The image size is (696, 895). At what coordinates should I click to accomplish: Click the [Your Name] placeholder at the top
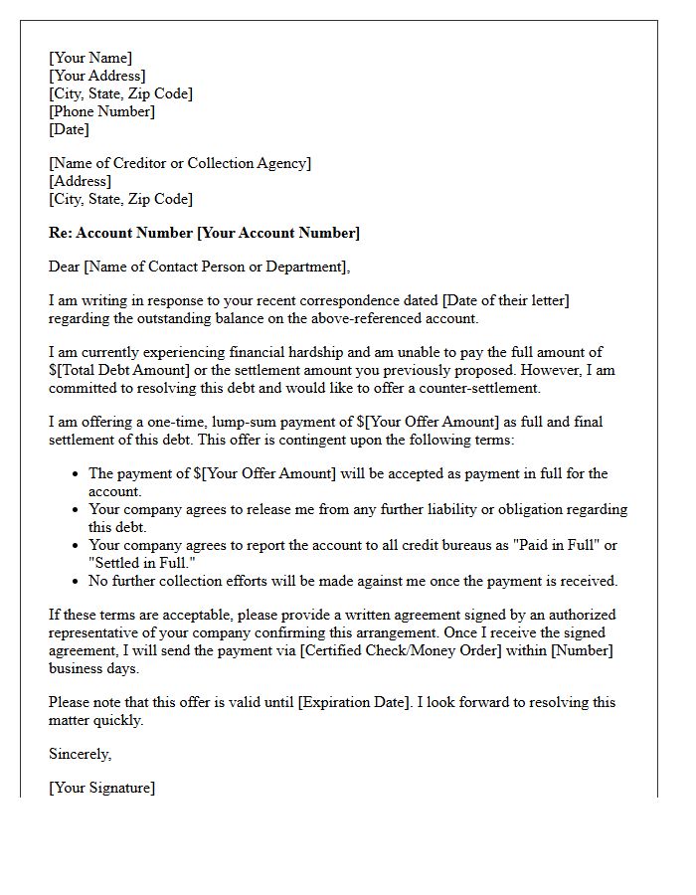click(90, 58)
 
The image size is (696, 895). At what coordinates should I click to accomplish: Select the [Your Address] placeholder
click(97, 76)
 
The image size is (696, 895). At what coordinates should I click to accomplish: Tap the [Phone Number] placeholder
click(101, 111)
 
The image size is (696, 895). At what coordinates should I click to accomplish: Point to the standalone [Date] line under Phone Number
click(69, 129)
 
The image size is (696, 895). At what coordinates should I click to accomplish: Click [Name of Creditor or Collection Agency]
click(180, 163)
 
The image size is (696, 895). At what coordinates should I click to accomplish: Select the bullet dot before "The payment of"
click(76, 474)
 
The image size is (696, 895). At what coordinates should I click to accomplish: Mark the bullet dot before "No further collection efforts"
click(76, 582)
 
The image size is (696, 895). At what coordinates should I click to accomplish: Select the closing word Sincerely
click(80, 754)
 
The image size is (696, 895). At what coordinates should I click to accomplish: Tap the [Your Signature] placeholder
click(101, 788)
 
